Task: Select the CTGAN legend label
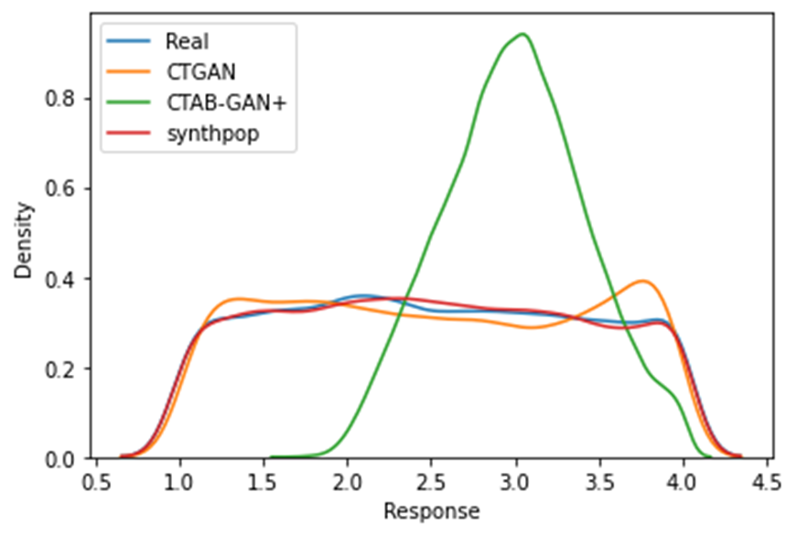click(194, 72)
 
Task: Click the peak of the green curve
click(522, 35)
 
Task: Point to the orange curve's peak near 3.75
click(644, 282)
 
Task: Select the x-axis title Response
click(431, 510)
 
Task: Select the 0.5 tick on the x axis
click(96, 481)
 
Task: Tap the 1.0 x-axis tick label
click(179, 481)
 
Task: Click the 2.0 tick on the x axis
click(347, 481)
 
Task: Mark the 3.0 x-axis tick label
click(515, 481)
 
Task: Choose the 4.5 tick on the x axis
click(767, 481)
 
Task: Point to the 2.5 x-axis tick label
click(431, 481)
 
